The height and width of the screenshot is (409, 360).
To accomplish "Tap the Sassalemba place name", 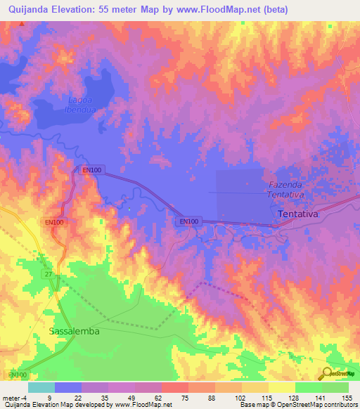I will pos(74,330).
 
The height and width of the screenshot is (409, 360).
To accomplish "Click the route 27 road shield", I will pos(47,273).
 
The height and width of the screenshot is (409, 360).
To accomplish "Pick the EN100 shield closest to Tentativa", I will pos(188,222).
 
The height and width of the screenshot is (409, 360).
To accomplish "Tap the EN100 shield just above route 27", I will pos(55,223).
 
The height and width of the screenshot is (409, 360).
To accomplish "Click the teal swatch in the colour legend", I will pos(41,387).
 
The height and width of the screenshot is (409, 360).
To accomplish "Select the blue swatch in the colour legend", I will pos(67,387).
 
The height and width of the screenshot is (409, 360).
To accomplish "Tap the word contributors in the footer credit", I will pos(337,405).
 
